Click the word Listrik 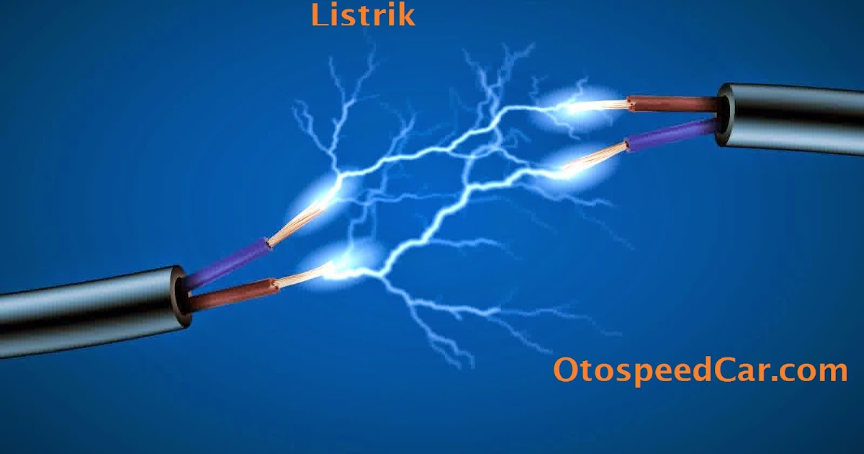click(x=363, y=14)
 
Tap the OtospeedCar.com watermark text click(x=700, y=370)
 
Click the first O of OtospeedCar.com click(x=566, y=370)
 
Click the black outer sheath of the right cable click(x=792, y=120)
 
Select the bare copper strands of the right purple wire click(x=598, y=155)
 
